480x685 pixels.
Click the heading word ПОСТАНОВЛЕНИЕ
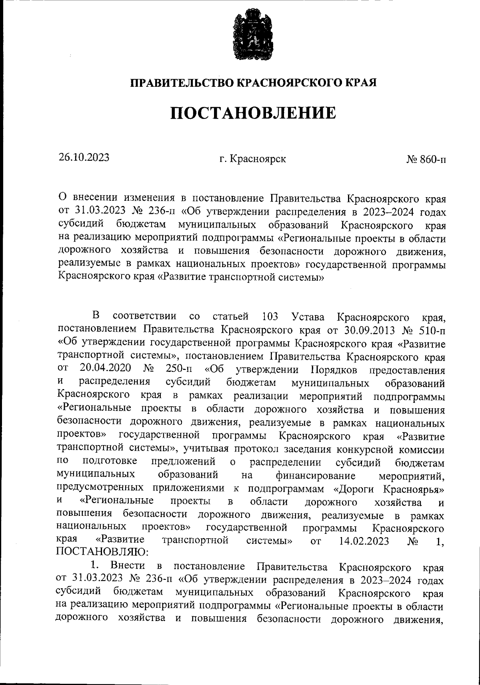(253, 114)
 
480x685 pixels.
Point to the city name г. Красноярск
(252, 159)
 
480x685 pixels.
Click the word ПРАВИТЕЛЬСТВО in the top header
(183, 83)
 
